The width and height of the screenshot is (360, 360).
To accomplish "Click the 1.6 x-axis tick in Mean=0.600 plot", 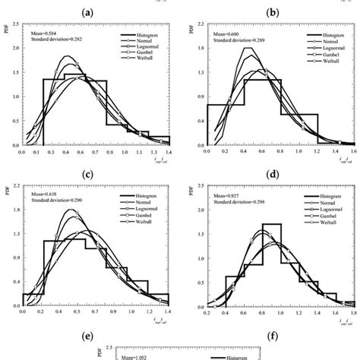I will [x=353, y=151].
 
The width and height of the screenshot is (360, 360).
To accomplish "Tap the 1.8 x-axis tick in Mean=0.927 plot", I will [x=353, y=311].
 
